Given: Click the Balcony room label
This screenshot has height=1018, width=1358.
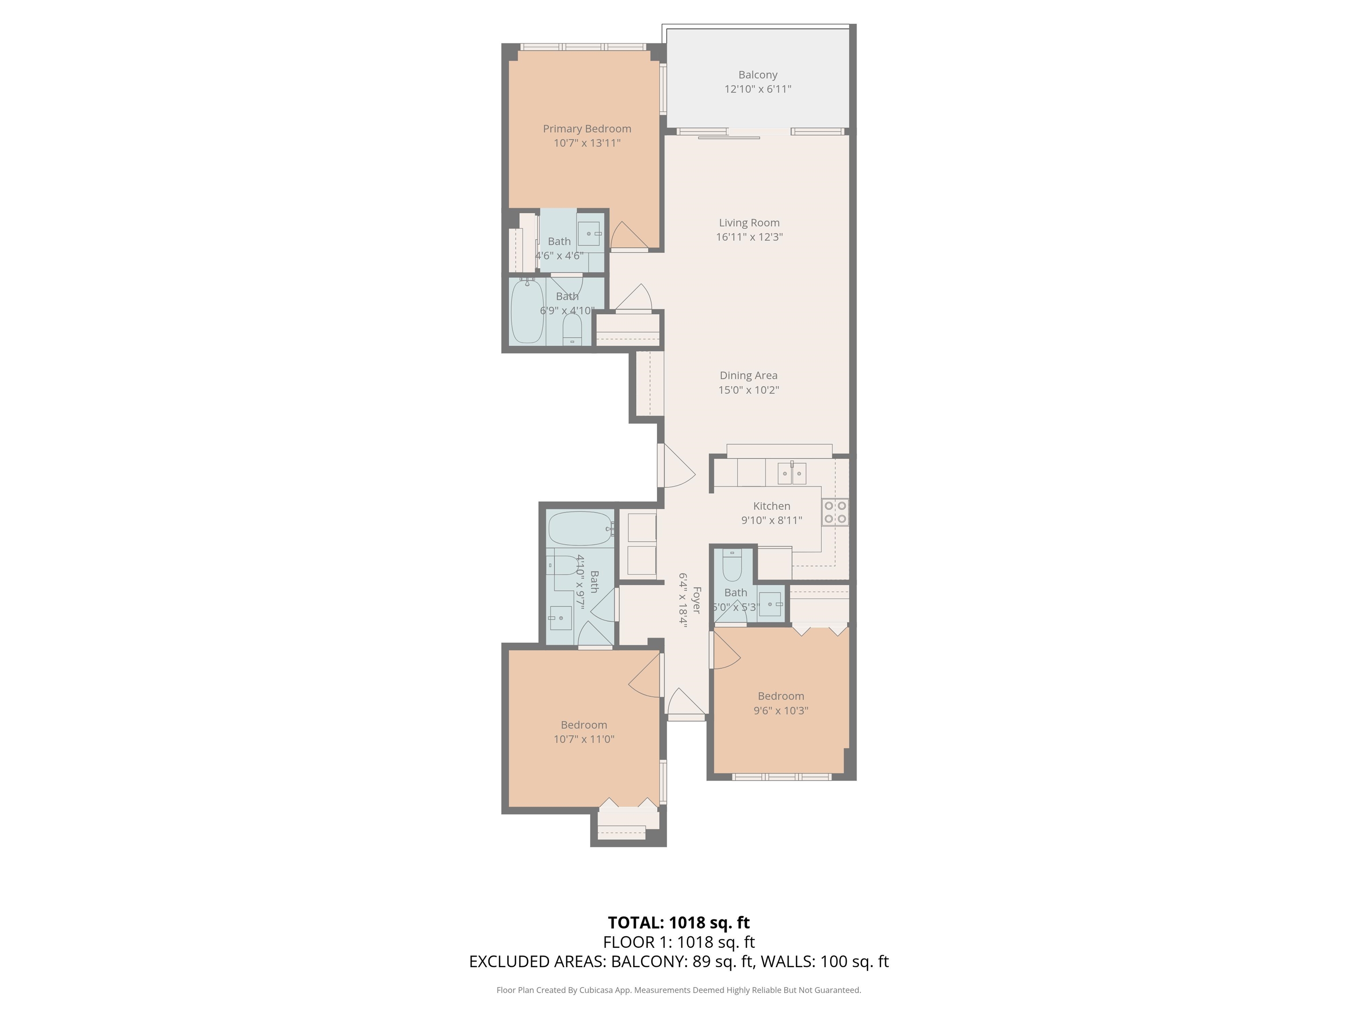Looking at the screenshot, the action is (758, 75).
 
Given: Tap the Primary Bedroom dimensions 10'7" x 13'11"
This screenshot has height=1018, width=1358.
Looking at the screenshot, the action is (587, 143).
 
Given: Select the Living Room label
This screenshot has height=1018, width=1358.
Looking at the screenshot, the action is (749, 223).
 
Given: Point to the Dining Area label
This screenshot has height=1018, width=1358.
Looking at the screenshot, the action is (748, 376).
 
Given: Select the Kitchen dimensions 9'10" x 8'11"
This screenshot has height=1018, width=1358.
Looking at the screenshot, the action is (772, 520).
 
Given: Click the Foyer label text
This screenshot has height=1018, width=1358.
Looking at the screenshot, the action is (696, 600).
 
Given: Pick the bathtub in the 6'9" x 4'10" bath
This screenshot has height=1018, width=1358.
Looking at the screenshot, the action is (527, 311).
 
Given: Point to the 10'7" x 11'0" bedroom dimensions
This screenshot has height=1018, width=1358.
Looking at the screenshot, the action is (584, 739).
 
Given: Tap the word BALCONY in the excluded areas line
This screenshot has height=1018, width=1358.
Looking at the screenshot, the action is (648, 961).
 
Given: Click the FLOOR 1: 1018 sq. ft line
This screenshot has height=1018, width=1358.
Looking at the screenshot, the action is (679, 942).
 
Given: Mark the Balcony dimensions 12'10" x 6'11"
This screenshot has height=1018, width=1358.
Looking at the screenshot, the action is (758, 89).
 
